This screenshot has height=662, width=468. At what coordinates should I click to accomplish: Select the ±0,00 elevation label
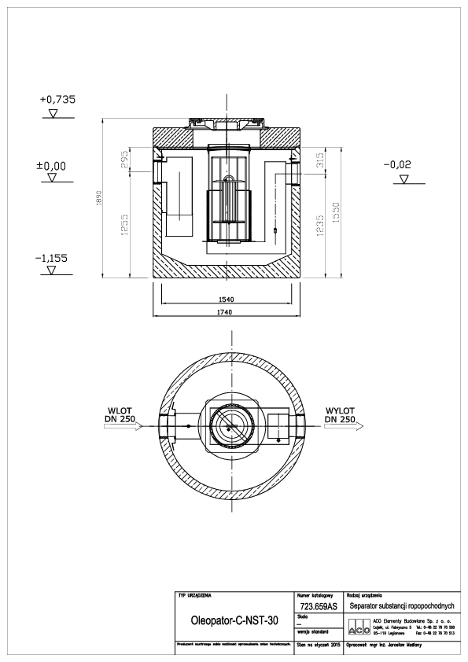53,166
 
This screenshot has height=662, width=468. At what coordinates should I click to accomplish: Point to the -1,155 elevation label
53,257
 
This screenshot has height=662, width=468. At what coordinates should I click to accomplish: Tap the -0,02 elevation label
402,166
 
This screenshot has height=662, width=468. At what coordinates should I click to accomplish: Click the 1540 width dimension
229,300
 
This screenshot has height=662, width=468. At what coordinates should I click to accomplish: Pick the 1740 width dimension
229,312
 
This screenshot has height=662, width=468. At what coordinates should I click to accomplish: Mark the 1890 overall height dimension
99,198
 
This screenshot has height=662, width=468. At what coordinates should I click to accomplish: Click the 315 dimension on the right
320,161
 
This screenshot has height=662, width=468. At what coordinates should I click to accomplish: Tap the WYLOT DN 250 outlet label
341,415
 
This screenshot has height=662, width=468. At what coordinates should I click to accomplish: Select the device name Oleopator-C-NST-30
235,620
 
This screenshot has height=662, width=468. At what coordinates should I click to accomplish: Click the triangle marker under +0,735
53,113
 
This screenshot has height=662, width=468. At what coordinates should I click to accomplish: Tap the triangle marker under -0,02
403,179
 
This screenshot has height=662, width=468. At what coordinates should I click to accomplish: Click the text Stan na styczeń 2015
318,644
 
